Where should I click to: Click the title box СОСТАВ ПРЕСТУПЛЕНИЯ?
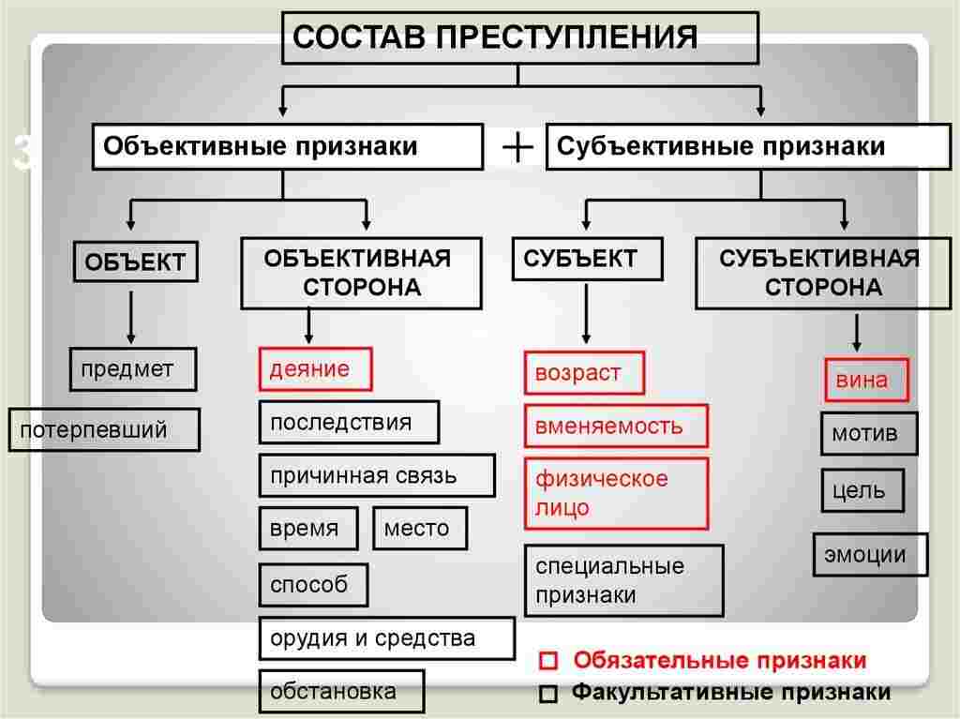coord(519,38)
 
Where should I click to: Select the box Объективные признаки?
coord(287,147)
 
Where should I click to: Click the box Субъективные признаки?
coord(748,147)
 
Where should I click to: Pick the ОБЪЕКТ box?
coord(136,262)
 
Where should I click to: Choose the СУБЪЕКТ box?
coord(587,259)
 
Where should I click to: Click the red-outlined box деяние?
coord(315,369)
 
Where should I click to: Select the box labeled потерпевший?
coord(104,430)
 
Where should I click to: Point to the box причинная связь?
coord(377,475)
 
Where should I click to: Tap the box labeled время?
coord(308,529)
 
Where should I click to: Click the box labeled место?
coord(419,529)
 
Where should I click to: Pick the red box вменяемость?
coord(615,427)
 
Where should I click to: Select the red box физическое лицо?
coord(615,493)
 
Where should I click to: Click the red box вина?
coord(866,381)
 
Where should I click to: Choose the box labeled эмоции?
coord(869,554)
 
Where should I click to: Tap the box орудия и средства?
coord(386,638)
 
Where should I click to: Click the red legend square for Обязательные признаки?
coord(549,662)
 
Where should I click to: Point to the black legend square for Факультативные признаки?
coord(549,695)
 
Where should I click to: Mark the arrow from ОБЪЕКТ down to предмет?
coord(131,319)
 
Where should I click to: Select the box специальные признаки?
coord(623,580)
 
